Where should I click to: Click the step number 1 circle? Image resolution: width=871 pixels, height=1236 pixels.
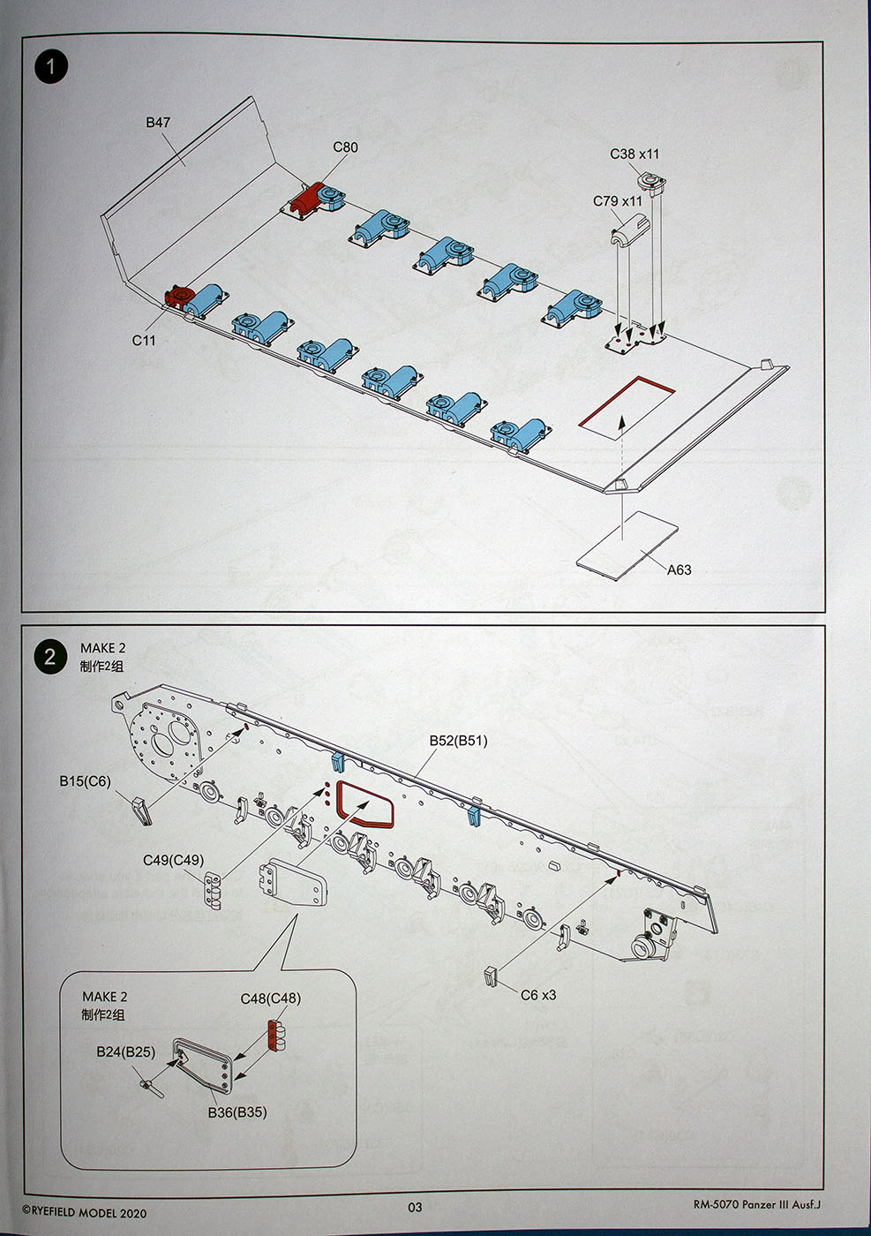click(x=51, y=67)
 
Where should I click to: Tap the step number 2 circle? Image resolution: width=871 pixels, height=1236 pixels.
click(x=49, y=657)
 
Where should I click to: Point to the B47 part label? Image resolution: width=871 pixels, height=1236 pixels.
click(x=158, y=123)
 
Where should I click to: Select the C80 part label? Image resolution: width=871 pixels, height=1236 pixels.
click(x=345, y=147)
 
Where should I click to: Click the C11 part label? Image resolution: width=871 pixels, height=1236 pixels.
click(x=144, y=340)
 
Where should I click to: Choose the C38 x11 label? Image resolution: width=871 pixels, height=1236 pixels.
click(x=634, y=154)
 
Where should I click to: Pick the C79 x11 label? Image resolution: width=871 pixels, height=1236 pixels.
click(x=618, y=201)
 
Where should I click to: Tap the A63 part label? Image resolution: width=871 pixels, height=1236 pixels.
click(x=679, y=569)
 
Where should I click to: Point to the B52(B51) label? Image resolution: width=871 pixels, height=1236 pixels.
click(x=458, y=741)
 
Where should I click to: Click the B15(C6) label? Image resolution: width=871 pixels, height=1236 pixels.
click(x=86, y=780)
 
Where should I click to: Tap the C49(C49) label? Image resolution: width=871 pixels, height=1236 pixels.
click(x=173, y=860)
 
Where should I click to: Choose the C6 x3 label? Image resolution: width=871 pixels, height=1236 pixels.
click(x=538, y=995)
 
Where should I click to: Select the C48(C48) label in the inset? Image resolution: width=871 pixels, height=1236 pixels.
click(x=270, y=999)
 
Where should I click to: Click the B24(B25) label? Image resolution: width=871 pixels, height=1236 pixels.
click(x=125, y=1052)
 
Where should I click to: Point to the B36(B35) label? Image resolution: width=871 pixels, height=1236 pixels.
click(x=237, y=1112)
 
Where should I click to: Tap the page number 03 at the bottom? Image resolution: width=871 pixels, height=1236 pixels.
click(x=415, y=1208)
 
